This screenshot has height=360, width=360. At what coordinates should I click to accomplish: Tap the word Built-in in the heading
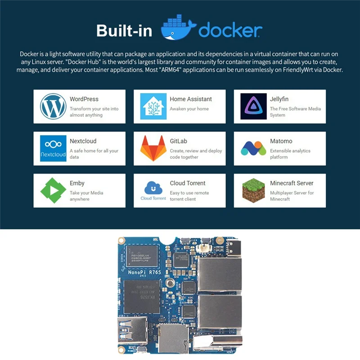click(124, 31)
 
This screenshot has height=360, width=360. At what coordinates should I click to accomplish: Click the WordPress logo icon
click(53, 106)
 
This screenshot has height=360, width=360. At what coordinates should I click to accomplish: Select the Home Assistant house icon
click(153, 106)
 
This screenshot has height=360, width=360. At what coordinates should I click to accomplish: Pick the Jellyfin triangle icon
click(253, 106)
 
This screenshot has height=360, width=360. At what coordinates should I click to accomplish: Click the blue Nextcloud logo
click(53, 148)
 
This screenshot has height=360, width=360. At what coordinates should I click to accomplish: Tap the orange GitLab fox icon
click(153, 148)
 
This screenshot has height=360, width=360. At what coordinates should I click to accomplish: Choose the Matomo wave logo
click(253, 148)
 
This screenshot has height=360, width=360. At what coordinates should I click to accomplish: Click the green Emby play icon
click(53, 190)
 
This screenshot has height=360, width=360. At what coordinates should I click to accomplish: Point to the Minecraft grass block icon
click(253, 190)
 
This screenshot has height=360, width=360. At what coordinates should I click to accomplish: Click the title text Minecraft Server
click(292, 183)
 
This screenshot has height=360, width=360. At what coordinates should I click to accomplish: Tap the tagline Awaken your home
click(189, 109)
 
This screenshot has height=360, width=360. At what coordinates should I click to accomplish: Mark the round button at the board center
click(170, 282)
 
